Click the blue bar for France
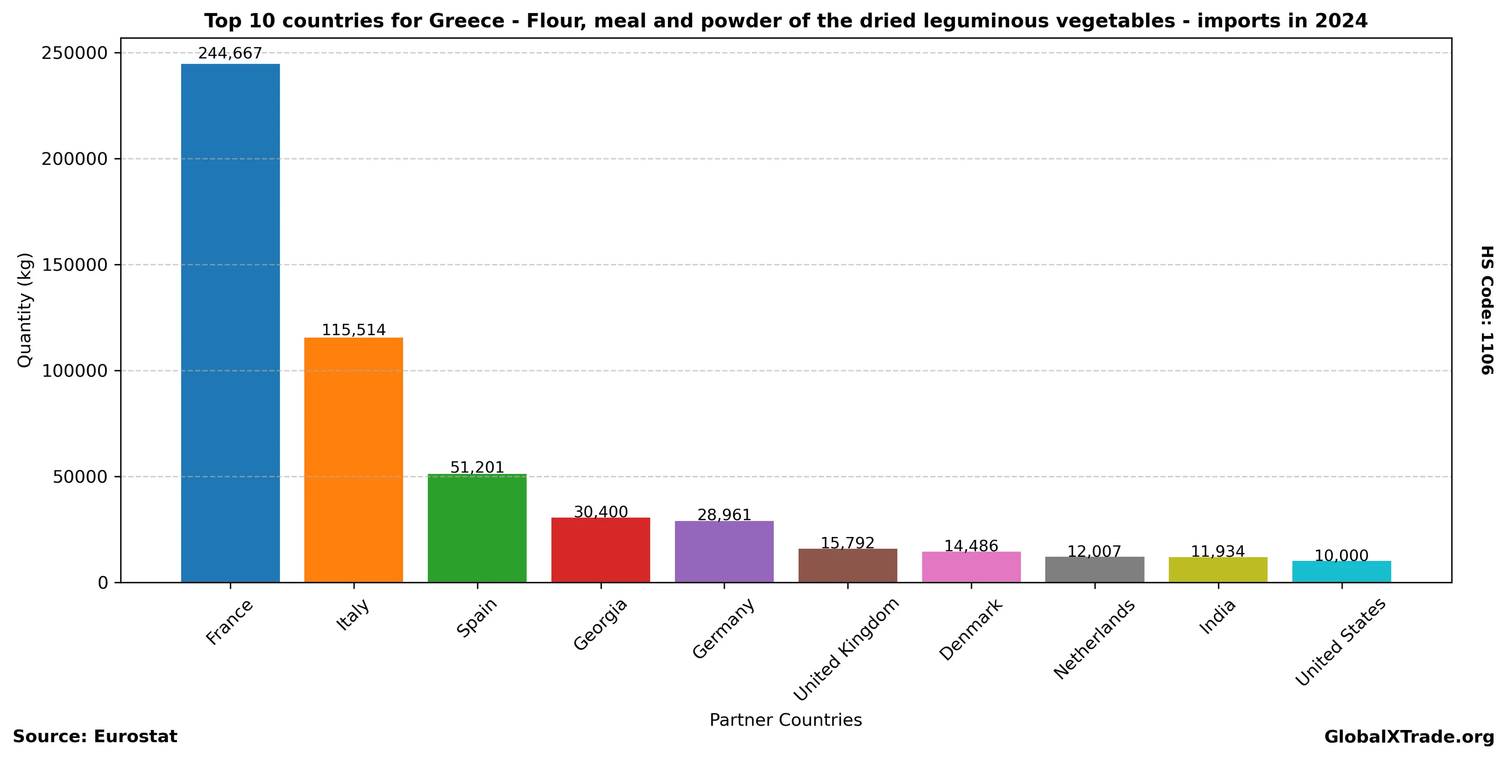click(x=230, y=322)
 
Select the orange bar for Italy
click(x=354, y=460)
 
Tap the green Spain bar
click(x=477, y=528)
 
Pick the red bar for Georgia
click(x=601, y=550)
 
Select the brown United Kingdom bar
click(x=848, y=566)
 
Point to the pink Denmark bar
click(x=971, y=567)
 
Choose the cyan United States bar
click(x=1342, y=572)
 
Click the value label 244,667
click(x=230, y=53)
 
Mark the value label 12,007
click(x=1094, y=551)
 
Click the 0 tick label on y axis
click(x=103, y=583)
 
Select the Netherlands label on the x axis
click(x=1094, y=639)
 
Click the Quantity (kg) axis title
click(x=25, y=310)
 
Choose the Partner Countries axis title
click(x=786, y=720)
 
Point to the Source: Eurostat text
click(x=95, y=737)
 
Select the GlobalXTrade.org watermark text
click(x=1409, y=737)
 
